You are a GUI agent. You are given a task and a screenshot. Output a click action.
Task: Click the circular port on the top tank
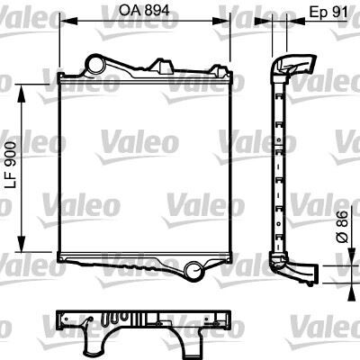click(94, 64)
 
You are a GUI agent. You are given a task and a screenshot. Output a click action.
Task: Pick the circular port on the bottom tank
click(194, 267)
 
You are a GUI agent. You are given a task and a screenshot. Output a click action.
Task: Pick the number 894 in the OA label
click(157, 12)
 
